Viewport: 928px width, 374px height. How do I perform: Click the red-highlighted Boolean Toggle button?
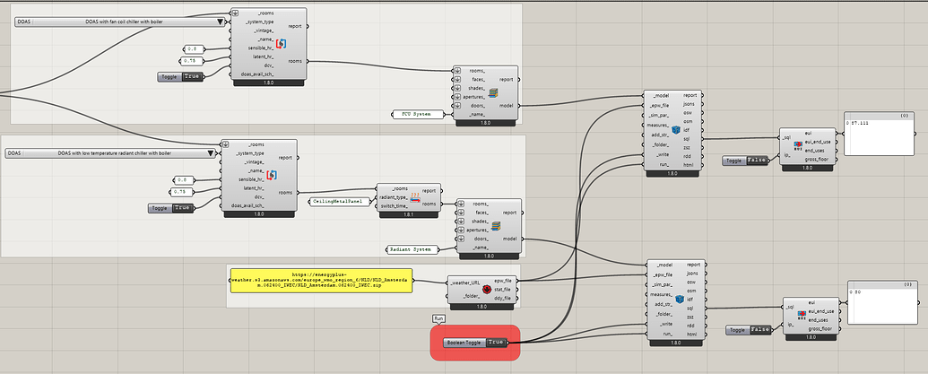[475, 342]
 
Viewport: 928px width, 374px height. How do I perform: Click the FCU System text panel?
[419, 114]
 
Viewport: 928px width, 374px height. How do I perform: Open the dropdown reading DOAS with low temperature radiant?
[112, 153]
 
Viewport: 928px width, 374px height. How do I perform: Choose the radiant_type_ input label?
[395, 198]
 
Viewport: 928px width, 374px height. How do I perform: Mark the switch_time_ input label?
[395, 206]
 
